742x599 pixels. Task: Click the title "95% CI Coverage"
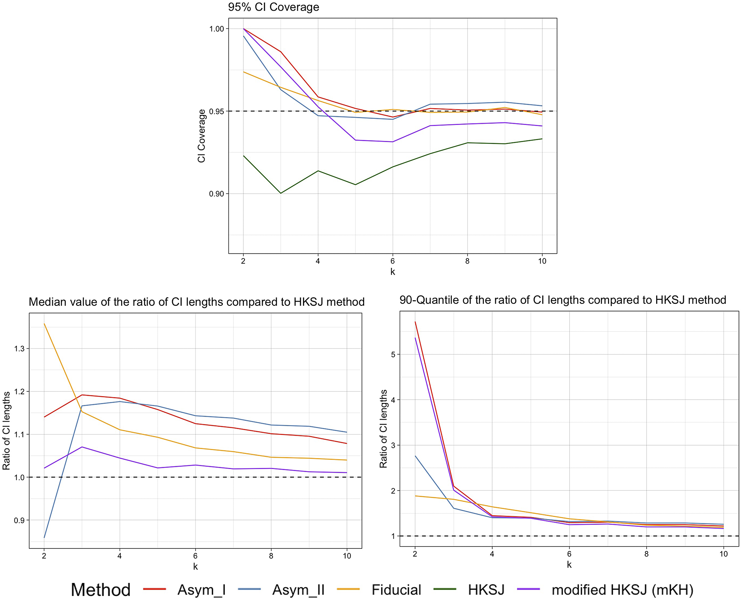(273, 7)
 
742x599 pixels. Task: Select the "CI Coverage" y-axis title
(201, 136)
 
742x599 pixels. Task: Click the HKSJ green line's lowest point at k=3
(281, 193)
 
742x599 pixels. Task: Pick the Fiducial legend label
(396, 590)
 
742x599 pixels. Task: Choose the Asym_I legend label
(202, 590)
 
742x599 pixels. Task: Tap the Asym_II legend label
(298, 590)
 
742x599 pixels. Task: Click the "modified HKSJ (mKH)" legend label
(622, 590)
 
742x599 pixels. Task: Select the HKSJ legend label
(486, 590)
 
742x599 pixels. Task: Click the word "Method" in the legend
(101, 590)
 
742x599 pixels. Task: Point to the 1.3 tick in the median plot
(19, 349)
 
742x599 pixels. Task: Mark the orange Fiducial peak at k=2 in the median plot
(44, 324)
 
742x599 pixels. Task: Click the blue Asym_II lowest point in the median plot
(44, 537)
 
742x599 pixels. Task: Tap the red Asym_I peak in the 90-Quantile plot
(415, 322)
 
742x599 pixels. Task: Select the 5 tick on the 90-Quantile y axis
(393, 354)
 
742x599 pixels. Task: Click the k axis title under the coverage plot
(393, 272)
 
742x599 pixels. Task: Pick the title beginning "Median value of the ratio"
(197, 302)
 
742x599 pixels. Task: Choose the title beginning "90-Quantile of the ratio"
(563, 300)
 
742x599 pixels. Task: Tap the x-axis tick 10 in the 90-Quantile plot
(723, 554)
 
